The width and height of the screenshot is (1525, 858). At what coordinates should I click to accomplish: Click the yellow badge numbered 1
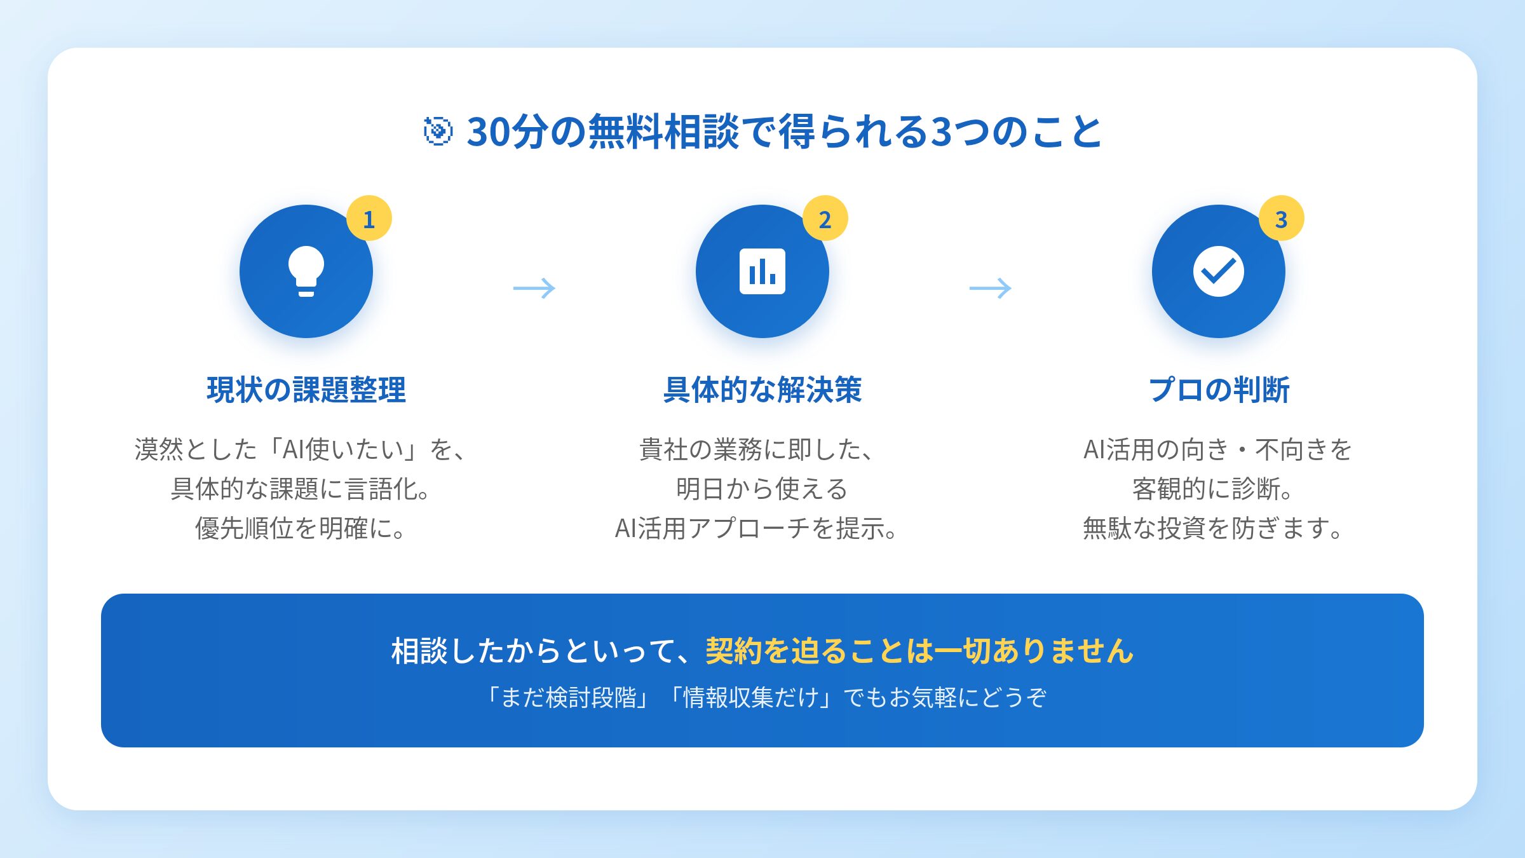pos(369,219)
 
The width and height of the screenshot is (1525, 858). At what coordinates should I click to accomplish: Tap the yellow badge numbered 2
pos(825,219)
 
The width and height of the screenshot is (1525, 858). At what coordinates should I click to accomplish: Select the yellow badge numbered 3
pos(1282,219)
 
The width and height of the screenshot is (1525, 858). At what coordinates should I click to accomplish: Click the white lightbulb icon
pos(306,271)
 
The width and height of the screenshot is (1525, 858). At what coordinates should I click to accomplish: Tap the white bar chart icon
pos(762,271)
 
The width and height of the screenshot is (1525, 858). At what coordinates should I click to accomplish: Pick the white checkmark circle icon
pos(1219,271)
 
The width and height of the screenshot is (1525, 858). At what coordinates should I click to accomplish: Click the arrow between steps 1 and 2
pos(534,288)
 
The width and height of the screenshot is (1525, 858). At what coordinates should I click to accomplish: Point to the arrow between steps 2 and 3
pos(991,288)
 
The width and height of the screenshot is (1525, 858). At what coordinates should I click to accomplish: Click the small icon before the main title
pos(438,132)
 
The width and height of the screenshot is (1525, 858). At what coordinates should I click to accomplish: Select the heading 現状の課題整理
pos(306,390)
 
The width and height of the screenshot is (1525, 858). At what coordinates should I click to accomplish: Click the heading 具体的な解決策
pos(762,390)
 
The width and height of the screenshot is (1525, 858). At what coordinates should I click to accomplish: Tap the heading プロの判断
pos(1219,390)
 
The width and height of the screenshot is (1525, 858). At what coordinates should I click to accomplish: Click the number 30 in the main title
pos(489,132)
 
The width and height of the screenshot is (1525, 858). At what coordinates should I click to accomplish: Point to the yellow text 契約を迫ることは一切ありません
pos(919,651)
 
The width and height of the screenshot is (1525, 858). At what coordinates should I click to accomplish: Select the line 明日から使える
pos(762,489)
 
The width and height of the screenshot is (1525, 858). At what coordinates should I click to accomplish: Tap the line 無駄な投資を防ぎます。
pos(1214,528)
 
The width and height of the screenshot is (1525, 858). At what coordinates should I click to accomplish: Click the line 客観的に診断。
pos(1214,489)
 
